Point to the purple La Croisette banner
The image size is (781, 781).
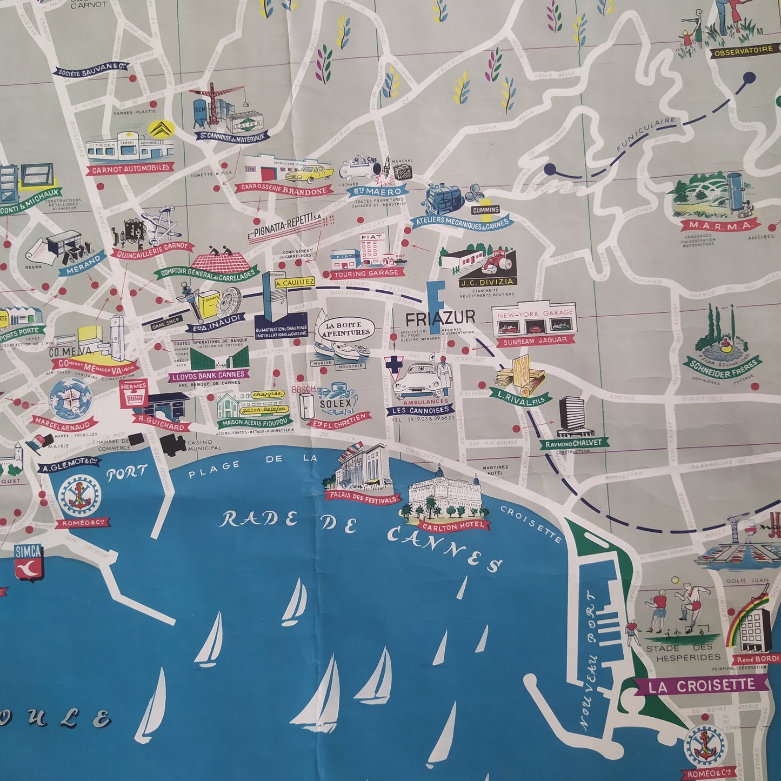702,686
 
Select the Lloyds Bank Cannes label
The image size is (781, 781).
209,375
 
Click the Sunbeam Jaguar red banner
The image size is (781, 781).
535,339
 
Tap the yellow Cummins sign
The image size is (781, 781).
485,210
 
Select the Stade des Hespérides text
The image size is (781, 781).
683,652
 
